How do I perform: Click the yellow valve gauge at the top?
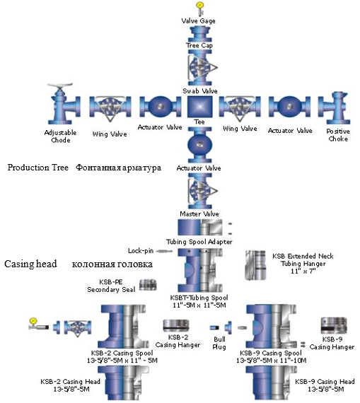pyautogui.click(x=199, y=6)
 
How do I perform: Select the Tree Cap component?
pyautogui.click(x=199, y=34)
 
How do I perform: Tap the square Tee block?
pyautogui.click(x=199, y=107)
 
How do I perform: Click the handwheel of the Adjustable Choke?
pyautogui.click(x=60, y=86)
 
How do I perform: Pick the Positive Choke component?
pyautogui.click(x=334, y=108)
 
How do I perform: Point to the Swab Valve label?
pyautogui.click(x=199, y=90)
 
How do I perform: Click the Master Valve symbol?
pyautogui.click(x=200, y=191)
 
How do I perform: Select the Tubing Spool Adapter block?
pyautogui.click(x=200, y=227)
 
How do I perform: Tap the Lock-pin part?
pyautogui.click(x=165, y=251)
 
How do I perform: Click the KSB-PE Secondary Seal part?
pyautogui.click(x=148, y=285)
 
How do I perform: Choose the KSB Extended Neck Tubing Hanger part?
pyautogui.click(x=255, y=265)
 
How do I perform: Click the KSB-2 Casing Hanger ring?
pyautogui.click(x=176, y=326)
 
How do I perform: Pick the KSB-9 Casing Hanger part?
pyautogui.click(x=334, y=325)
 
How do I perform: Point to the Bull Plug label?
pyautogui.click(x=219, y=343)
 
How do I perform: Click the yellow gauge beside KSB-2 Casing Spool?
pyautogui.click(x=33, y=321)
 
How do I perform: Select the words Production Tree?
pyautogui.click(x=38, y=168)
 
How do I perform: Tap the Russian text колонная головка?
pyautogui.click(x=112, y=264)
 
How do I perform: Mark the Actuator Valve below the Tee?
pyautogui.click(x=199, y=144)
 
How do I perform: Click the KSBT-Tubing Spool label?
pyautogui.click(x=199, y=298)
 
